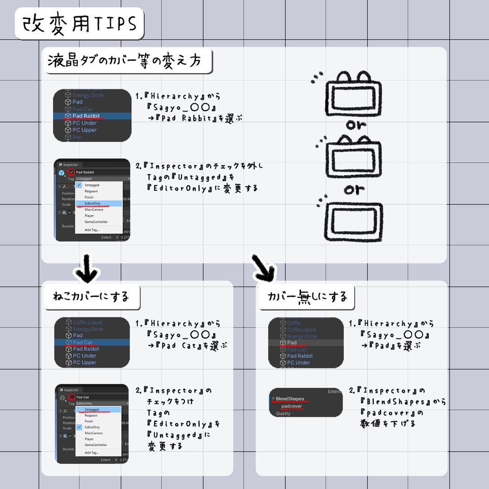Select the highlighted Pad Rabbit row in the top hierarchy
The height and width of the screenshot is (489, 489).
(x=86, y=116)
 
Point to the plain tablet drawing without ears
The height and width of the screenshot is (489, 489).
(x=352, y=221)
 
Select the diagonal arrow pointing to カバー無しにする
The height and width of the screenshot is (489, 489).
(x=263, y=267)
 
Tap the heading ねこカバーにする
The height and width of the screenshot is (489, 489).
(x=91, y=297)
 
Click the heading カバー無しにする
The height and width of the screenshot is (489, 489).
(x=304, y=297)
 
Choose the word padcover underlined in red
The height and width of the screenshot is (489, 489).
(x=291, y=406)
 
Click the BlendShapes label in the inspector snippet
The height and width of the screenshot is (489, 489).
(x=289, y=398)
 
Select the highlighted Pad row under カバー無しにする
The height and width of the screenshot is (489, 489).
(x=292, y=343)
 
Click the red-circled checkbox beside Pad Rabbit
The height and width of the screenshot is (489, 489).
(x=71, y=172)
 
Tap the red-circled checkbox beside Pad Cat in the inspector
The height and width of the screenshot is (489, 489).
(x=71, y=397)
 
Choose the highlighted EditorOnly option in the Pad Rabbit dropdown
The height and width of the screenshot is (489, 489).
(x=93, y=203)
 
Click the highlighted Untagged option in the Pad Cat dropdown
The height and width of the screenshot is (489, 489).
(x=92, y=409)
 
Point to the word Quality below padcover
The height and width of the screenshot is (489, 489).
(x=283, y=414)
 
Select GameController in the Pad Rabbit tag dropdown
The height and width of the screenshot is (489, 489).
(x=96, y=222)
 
